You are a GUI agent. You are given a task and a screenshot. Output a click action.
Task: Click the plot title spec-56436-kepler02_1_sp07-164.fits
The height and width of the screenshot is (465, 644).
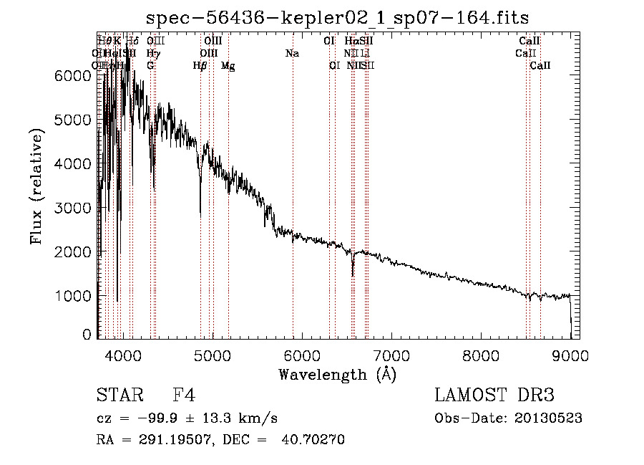click(x=337, y=18)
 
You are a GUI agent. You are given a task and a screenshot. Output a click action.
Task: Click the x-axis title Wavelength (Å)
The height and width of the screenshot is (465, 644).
click(x=337, y=373)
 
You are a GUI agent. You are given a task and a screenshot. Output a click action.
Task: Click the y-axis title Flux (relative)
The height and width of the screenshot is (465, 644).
click(x=37, y=186)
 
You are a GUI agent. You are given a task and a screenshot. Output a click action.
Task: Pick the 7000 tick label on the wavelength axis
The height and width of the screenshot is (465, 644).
click(x=391, y=354)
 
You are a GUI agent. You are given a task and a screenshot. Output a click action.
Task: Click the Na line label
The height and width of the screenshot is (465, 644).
click(x=292, y=53)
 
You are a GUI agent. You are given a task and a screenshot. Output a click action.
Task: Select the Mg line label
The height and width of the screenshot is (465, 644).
click(x=228, y=66)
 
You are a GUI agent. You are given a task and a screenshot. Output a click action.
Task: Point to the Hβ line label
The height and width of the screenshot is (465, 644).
click(x=200, y=66)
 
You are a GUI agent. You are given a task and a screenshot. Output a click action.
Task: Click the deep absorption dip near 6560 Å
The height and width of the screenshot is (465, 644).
click(x=352, y=274)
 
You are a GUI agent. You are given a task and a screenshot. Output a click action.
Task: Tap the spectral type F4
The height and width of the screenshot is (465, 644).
click(x=184, y=396)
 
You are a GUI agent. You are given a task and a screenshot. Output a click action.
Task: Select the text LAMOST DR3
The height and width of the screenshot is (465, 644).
click(x=494, y=396)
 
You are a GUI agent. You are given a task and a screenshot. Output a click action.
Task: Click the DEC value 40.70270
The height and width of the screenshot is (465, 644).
click(x=315, y=440)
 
